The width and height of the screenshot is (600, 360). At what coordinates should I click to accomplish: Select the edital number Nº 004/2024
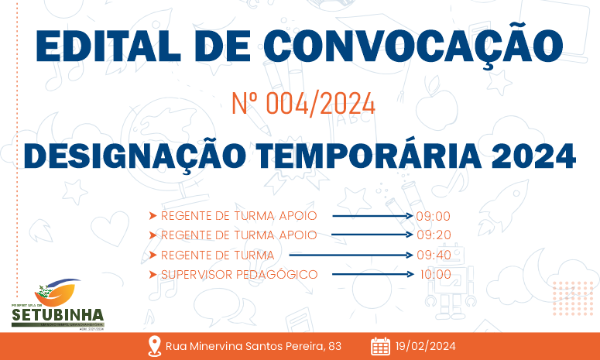click(x=303, y=104)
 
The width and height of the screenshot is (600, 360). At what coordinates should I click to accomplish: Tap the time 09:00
click(x=434, y=216)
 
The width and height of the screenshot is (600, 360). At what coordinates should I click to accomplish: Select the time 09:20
click(x=434, y=235)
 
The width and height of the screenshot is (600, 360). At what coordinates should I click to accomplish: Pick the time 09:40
click(x=434, y=255)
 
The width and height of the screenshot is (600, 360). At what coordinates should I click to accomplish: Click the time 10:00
click(x=435, y=274)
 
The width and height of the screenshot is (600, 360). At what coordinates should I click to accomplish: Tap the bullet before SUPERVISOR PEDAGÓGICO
click(x=153, y=274)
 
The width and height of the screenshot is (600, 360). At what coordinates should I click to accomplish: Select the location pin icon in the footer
click(x=153, y=346)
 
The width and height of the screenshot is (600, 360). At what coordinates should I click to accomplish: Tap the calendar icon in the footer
click(x=380, y=346)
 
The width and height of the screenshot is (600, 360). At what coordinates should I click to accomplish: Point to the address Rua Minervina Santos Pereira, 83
click(x=253, y=346)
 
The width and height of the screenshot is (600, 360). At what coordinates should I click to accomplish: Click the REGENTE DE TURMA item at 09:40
click(x=218, y=255)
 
